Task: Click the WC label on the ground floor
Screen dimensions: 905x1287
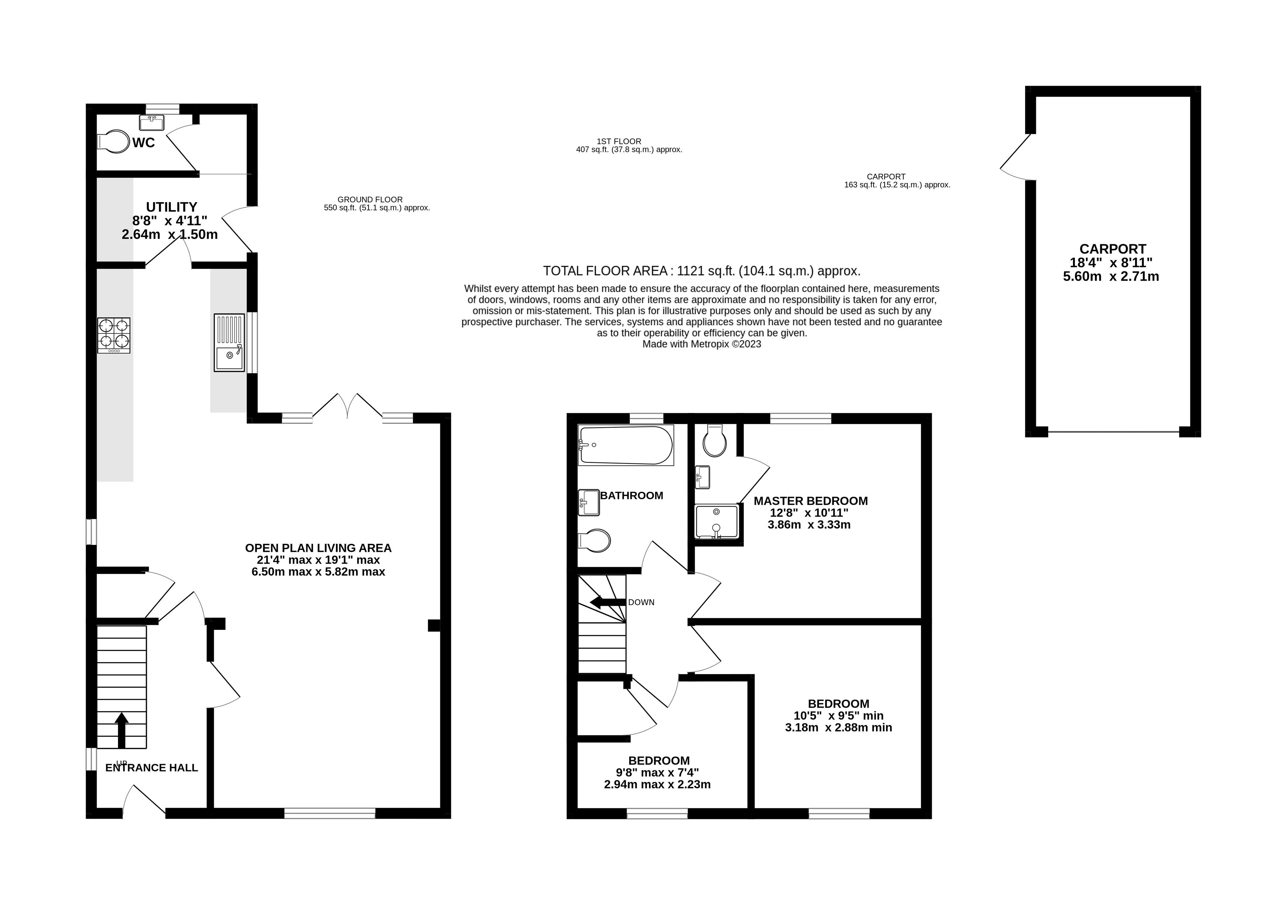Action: (144, 143)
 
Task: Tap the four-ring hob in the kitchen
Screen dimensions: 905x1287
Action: (114, 335)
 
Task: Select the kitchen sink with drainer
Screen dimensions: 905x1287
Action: (229, 343)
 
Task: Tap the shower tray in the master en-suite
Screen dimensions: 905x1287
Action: (717, 522)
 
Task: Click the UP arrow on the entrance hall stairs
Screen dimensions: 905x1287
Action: (122, 729)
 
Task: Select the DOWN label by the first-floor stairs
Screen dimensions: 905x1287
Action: (641, 602)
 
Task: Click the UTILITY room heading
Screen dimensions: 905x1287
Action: (171, 207)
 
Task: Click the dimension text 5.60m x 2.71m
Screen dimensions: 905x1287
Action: (1111, 276)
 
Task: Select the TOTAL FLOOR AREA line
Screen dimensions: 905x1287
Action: (701, 271)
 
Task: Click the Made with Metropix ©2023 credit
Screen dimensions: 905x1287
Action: (701, 344)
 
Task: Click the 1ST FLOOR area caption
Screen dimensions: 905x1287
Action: (619, 141)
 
